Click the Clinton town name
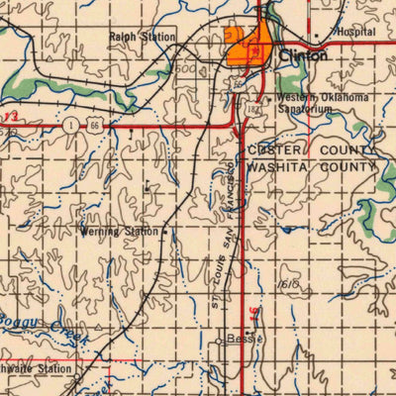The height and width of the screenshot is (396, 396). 303,56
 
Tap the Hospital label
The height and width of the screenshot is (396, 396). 355,32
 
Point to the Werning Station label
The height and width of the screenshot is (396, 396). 119,232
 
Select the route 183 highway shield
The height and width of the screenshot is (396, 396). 252,107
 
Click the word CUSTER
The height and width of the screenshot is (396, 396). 281,149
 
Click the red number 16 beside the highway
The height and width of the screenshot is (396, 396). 257,313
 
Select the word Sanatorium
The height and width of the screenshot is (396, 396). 304,110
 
